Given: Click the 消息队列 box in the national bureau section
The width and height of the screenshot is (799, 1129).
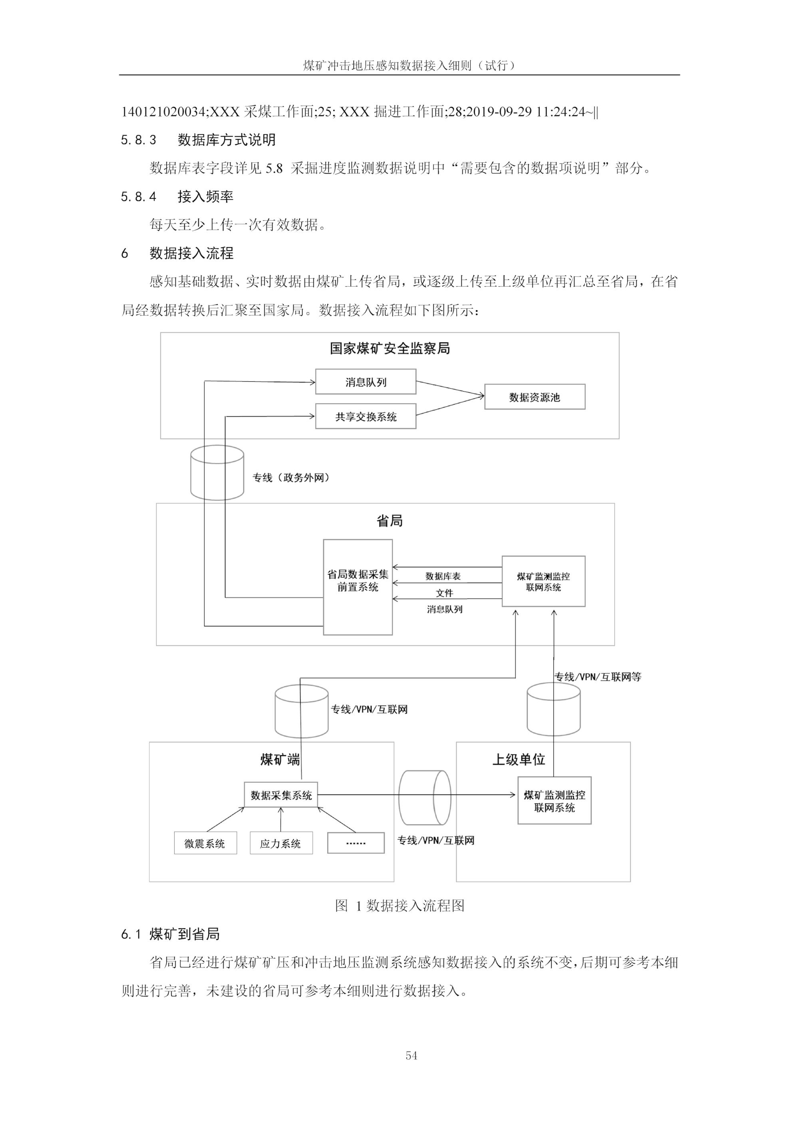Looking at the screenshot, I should pyautogui.click(x=365, y=382).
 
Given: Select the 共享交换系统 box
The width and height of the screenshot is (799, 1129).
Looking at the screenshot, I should pyautogui.click(x=365, y=416).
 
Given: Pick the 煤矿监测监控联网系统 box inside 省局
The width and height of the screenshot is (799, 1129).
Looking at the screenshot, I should pyautogui.click(x=543, y=581).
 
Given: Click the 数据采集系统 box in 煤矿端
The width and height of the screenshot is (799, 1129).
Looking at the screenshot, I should pyautogui.click(x=281, y=795).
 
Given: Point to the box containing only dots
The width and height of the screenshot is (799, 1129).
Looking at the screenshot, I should pyautogui.click(x=356, y=843).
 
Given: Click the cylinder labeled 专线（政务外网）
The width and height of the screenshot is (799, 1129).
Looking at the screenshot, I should pyautogui.click(x=217, y=473).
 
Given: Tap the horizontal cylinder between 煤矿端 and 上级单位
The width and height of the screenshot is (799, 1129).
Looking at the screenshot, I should pyautogui.click(x=425, y=798).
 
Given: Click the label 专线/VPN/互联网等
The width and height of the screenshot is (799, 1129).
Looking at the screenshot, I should pyautogui.click(x=598, y=677).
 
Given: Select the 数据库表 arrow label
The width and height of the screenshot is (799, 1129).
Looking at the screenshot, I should pyautogui.click(x=443, y=576).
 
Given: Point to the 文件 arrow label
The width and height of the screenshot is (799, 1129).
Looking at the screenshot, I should pyautogui.click(x=444, y=593).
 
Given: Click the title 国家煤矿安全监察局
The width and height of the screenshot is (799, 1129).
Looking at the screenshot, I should pyautogui.click(x=390, y=349).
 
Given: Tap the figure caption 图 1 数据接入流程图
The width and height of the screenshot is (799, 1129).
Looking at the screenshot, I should pyautogui.click(x=399, y=906).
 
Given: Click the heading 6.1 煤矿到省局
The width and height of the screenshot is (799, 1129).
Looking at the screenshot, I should pyautogui.click(x=170, y=934).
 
